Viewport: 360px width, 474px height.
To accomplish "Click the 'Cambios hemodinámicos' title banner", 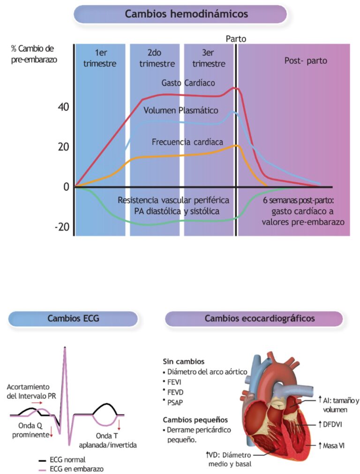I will coord(180,14).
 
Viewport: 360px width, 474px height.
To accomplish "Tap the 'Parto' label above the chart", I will coord(236,38).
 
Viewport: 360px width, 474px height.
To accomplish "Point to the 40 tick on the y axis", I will coord(64,107).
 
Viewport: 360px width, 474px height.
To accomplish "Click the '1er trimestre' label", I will coord(100,59).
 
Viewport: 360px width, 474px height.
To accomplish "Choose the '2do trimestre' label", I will coord(157,59).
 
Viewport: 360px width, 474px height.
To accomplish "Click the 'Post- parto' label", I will coord(306,61).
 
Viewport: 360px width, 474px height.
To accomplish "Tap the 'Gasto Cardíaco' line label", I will coord(188,83).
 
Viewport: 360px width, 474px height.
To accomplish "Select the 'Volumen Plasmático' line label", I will coord(181,111).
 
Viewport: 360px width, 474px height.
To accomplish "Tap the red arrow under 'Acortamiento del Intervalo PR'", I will coord(38,402).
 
